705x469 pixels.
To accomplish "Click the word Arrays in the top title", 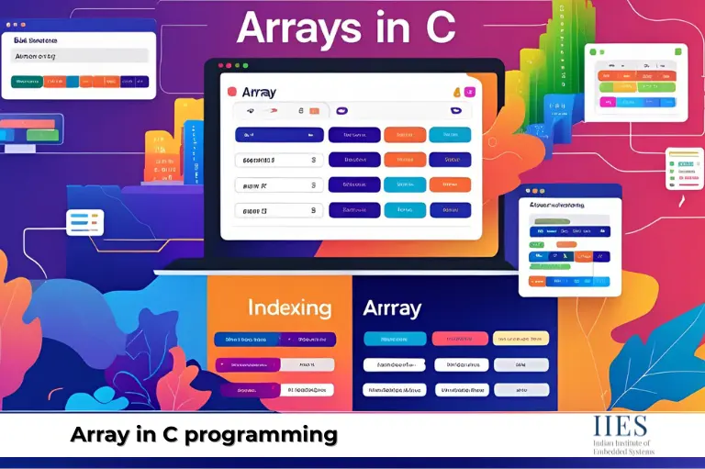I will [x=299, y=28].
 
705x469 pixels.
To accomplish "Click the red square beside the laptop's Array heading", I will [x=231, y=92].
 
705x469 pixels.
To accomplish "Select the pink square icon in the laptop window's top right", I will [x=470, y=92].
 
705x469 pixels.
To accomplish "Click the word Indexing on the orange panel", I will [x=289, y=307].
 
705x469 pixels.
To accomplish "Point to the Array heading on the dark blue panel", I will [x=392, y=307].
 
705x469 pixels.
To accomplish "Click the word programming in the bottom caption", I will [x=261, y=433].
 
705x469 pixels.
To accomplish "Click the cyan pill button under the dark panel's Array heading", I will [x=394, y=339].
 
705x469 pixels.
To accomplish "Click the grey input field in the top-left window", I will [x=80, y=56].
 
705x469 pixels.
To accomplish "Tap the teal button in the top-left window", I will [x=28, y=82].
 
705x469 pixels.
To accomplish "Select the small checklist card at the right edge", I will [x=684, y=168].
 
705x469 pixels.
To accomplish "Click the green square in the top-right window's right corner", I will [x=678, y=51].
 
